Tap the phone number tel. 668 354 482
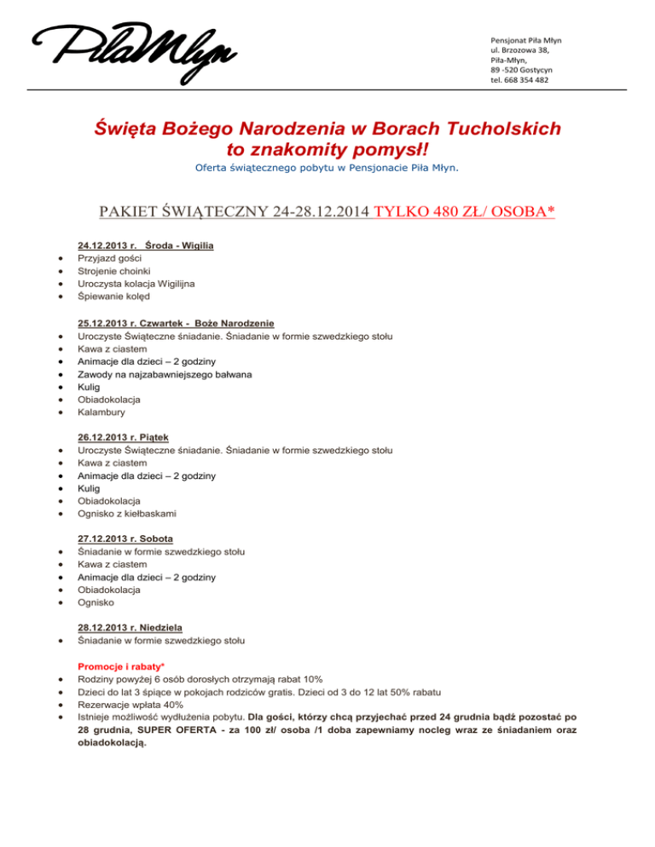click(519, 80)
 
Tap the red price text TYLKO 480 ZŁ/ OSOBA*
click(464, 210)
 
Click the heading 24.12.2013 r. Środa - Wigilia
click(145, 245)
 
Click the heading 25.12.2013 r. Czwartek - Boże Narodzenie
click(176, 324)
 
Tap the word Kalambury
click(101, 412)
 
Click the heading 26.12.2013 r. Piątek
click(126, 438)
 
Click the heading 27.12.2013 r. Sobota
click(125, 539)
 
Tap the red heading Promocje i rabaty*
click(120, 665)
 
